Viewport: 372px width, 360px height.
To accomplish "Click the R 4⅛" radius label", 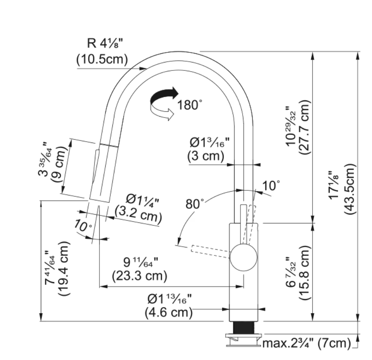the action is pyautogui.click(x=105, y=43).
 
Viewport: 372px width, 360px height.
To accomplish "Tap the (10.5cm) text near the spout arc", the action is pyautogui.click(x=102, y=59).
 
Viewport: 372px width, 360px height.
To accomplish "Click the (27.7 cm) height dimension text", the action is pyautogui.click(x=304, y=127).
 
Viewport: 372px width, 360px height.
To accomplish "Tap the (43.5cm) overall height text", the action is pyautogui.click(x=350, y=189).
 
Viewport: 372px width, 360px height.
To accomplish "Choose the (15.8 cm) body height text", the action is pyautogui.click(x=304, y=272).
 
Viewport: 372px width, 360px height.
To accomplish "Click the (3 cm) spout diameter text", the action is pyautogui.click(x=206, y=156).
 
